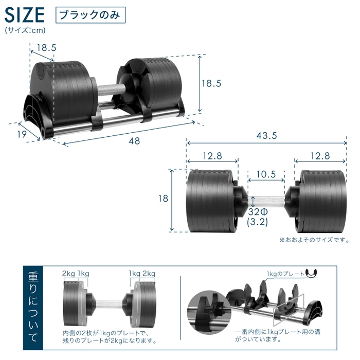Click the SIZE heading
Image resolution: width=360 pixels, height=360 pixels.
tap(25, 14)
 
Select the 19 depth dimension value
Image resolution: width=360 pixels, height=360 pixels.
tap(20, 135)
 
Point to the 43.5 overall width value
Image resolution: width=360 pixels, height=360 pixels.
tap(267, 136)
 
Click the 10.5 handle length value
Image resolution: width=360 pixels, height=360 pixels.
tap(266, 174)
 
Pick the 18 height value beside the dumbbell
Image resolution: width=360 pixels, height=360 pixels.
tap(164, 199)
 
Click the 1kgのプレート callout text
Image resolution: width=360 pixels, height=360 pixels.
tap(284, 274)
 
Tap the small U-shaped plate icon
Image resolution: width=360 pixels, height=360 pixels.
tap(311, 273)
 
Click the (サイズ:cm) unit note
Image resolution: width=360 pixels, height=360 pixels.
tap(25, 30)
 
